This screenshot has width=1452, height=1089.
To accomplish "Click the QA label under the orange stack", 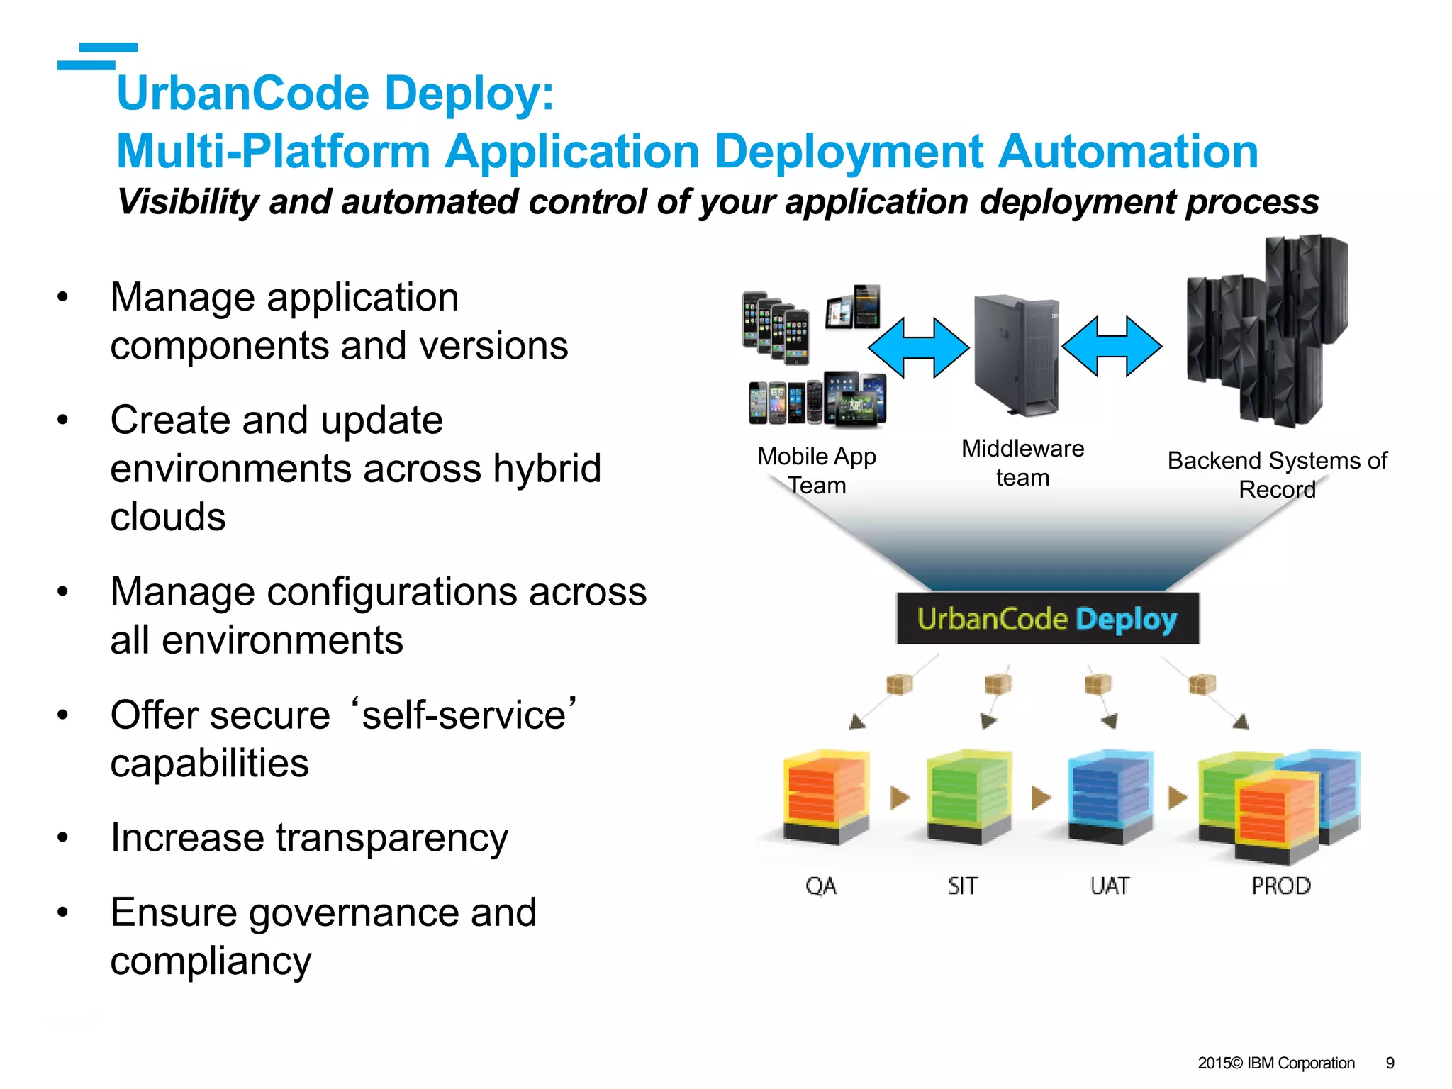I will click(x=821, y=886).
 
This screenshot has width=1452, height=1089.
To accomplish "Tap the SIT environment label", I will click(x=963, y=886).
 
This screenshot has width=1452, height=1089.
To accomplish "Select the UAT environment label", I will click(x=1110, y=886).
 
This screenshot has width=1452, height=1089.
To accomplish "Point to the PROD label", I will click(x=1280, y=886).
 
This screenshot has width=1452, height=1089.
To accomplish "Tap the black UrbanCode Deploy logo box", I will click(x=1047, y=619).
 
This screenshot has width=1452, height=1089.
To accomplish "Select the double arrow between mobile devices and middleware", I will click(x=918, y=347).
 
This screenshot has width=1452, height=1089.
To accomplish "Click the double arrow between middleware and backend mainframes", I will click(x=1112, y=347).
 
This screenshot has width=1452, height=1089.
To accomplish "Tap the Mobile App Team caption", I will click(x=817, y=471).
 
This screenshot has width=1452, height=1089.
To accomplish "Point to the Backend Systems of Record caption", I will click(x=1277, y=474).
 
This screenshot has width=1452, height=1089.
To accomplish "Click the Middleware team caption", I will click(x=1022, y=463).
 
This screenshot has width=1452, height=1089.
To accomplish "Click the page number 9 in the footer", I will click(x=1390, y=1063).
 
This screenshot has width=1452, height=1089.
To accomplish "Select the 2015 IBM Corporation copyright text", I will click(x=1275, y=1063).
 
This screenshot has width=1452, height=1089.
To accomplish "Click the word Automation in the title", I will click(x=1127, y=152).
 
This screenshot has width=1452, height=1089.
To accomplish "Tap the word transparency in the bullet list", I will click(x=391, y=838).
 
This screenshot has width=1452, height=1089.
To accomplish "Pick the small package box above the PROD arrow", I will click(x=1202, y=684).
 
